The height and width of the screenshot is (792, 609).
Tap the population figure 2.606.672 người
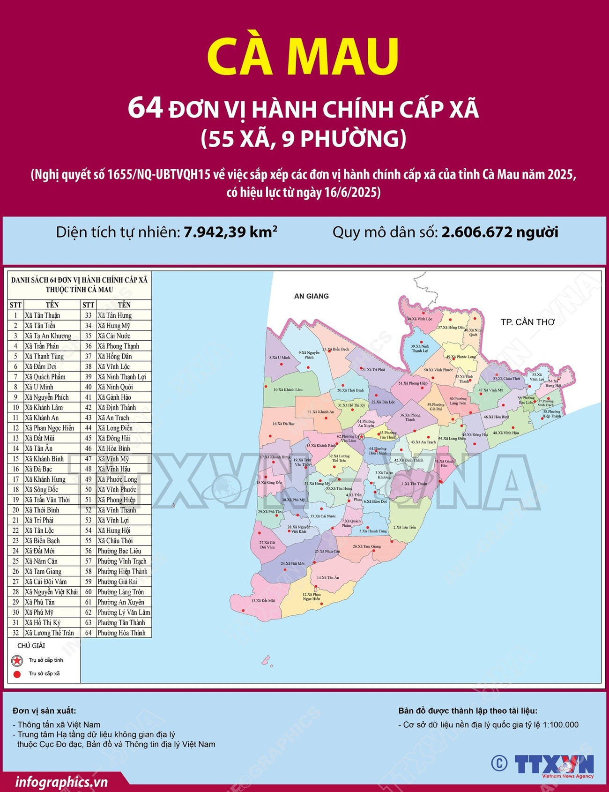499,232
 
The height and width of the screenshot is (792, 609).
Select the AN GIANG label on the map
311,296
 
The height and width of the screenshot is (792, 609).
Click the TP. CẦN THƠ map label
527,322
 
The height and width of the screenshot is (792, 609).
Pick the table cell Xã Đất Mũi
40,438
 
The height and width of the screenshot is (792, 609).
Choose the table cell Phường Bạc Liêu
119,551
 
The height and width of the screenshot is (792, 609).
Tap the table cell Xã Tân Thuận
43,315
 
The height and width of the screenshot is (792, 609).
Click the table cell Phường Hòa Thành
121,633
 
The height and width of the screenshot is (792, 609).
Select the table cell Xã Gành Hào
114,397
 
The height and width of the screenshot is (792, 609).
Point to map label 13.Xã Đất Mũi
263,600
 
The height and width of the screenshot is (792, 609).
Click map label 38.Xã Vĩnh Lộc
420,319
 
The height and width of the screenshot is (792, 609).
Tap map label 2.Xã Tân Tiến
404,527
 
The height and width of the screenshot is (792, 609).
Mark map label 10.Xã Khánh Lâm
288,389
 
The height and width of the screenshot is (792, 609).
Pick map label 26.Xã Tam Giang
367,546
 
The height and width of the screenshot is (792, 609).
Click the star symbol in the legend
17,660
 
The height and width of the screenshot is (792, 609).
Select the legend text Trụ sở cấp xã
45,674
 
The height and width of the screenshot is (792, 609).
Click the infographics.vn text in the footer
61,782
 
